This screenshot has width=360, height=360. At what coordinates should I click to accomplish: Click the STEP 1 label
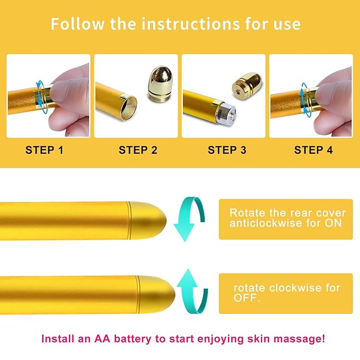(x=44, y=150)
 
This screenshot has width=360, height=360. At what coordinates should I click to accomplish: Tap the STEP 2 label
(x=138, y=150)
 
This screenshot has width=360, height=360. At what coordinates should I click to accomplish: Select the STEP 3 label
(x=227, y=150)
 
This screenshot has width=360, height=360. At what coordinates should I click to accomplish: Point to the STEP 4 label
(x=313, y=150)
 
